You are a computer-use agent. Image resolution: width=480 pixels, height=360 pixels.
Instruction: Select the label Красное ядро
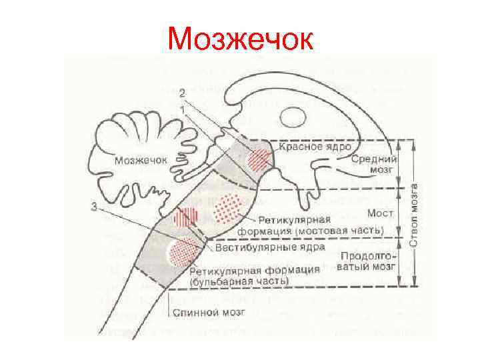click(315, 146)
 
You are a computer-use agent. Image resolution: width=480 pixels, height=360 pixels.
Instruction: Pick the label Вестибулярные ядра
click(270, 247)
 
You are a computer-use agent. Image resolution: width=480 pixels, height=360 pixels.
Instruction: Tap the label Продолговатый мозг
click(369, 261)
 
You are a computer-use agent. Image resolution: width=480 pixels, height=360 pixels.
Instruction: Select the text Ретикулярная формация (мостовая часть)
click(320, 225)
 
